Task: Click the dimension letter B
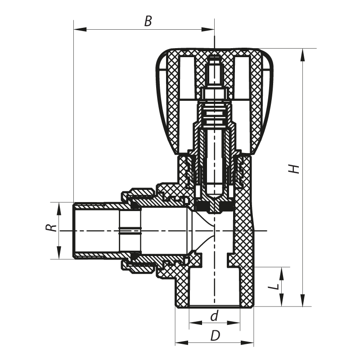[x=148, y=21]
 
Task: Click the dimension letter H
[x=294, y=168]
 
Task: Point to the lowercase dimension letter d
[x=214, y=316]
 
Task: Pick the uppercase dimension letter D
[x=215, y=336]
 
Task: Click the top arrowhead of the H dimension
[x=302, y=53]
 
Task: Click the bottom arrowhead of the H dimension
[x=302, y=301]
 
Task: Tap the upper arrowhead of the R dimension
[x=58, y=207]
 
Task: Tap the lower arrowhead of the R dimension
[x=58, y=254]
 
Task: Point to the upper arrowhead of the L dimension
[x=282, y=272]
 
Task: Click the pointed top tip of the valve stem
[x=215, y=58]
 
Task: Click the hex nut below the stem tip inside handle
[x=215, y=94]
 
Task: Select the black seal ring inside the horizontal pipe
[x=130, y=232]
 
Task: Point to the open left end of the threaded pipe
[x=74, y=231]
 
